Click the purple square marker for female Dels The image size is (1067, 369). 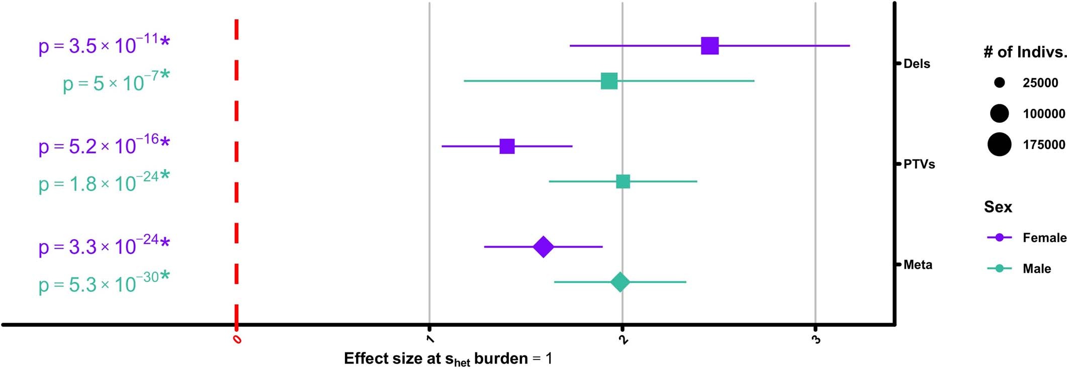tap(709, 46)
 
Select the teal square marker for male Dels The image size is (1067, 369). tap(609, 81)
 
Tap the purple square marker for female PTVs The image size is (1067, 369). tap(507, 146)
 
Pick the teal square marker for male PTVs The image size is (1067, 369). tap(623, 181)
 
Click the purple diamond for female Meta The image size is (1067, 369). tap(543, 247)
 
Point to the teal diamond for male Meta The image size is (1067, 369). tap(620, 282)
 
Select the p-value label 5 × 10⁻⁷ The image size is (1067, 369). tap(116, 82)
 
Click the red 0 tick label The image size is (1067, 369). tap(237, 340)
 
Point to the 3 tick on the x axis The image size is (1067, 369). tap(816, 340)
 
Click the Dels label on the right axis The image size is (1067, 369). tap(916, 64)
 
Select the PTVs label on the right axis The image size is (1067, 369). tap(919, 164)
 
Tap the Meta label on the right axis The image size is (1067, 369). tap(917, 265)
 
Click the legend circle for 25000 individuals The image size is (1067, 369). tap(999, 83)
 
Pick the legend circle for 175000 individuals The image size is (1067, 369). tap(999, 145)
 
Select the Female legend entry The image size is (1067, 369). tap(1044, 238)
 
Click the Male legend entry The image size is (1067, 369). tap(1036, 269)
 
